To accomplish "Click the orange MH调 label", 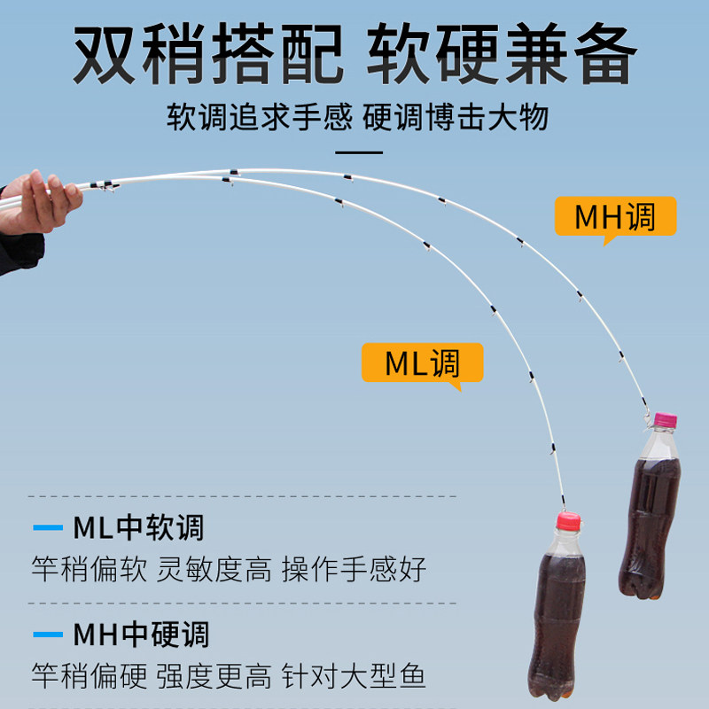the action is (x=615, y=216).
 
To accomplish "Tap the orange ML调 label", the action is (x=423, y=362).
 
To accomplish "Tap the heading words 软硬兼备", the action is (x=502, y=55).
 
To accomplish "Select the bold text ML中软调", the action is (x=138, y=528).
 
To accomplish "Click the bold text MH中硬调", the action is (x=141, y=635).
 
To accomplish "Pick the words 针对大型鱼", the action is (x=354, y=676).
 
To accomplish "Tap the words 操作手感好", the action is (x=354, y=569).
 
